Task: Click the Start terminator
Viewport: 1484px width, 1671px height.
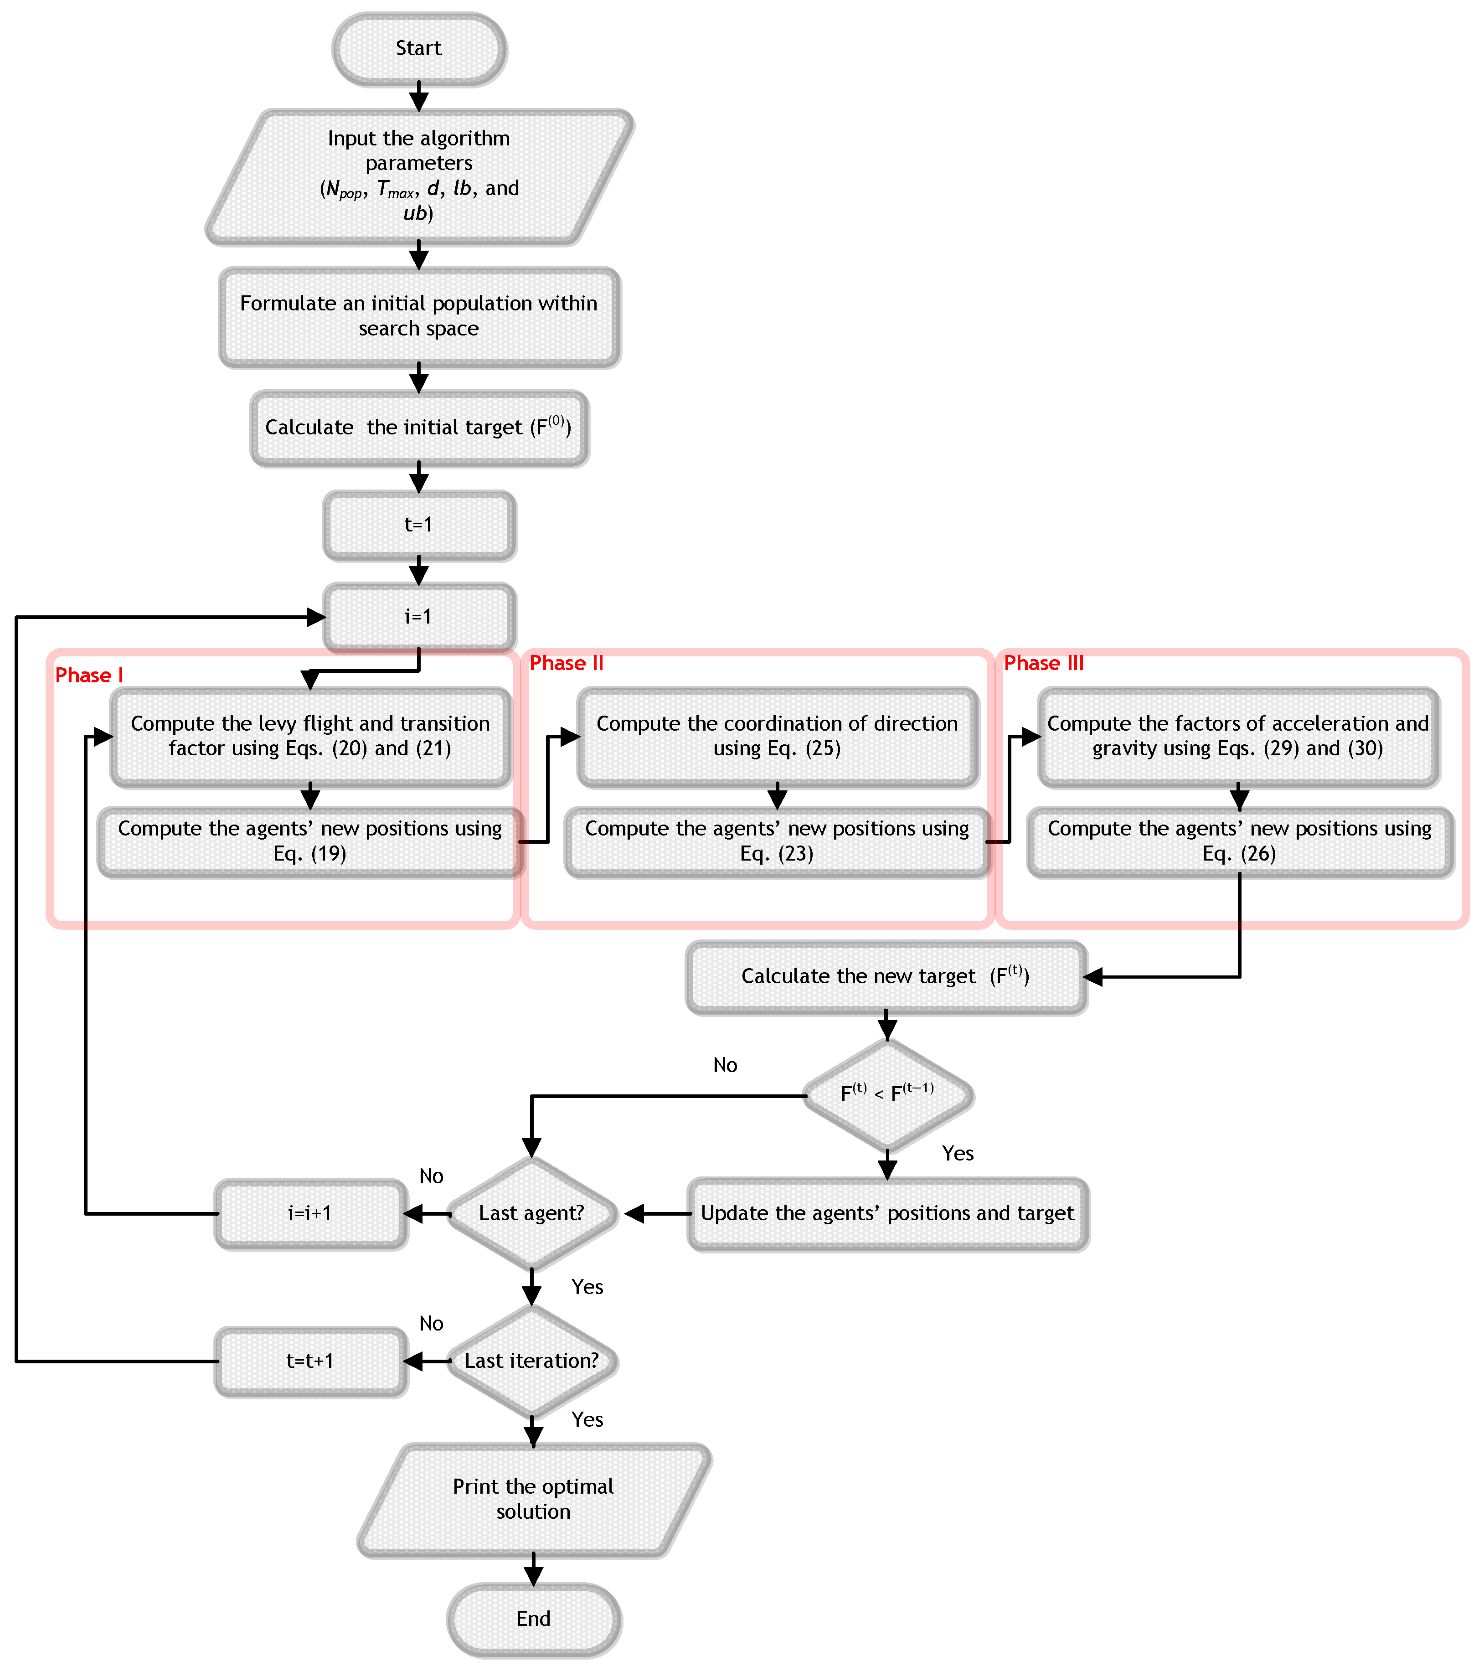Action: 418,49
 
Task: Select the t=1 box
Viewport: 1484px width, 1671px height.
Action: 418,525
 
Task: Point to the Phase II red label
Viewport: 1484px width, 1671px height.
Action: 566,663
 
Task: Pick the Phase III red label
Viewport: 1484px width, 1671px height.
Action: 1043,663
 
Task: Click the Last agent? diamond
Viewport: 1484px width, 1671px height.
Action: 531,1213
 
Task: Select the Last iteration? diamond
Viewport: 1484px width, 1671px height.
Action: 531,1361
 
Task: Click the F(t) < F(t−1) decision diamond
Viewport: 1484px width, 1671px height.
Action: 887,1094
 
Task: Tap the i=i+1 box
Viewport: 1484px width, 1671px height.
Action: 310,1213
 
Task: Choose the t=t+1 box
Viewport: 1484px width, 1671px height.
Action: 310,1361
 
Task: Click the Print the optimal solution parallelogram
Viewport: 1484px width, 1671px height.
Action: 533,1499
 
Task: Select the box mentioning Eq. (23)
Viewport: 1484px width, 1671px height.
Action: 777,842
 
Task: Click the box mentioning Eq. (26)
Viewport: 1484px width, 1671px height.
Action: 1240,842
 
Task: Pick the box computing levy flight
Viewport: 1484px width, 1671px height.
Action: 310,737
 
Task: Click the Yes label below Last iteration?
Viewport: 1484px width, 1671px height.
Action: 587,1420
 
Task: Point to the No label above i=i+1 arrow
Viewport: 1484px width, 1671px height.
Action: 431,1176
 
